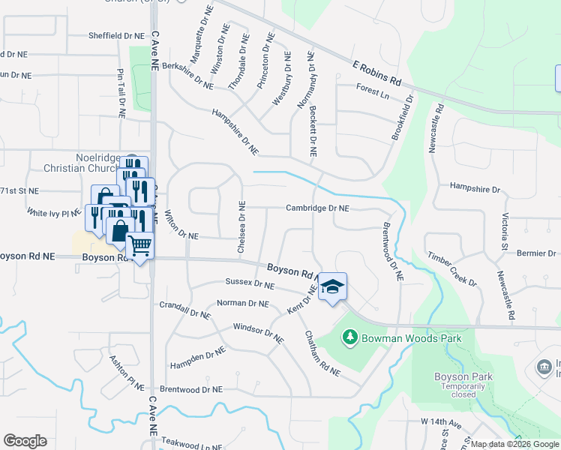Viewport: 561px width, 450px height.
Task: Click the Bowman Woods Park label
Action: (411, 338)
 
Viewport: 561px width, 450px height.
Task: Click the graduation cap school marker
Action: (332, 286)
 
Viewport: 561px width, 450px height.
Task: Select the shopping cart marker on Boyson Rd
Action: (139, 244)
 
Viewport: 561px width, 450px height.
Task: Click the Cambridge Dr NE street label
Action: (316, 208)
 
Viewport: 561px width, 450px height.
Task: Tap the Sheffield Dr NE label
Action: (115, 35)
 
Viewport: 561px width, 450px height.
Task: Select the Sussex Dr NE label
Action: (250, 283)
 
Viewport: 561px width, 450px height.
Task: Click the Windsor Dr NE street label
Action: (258, 334)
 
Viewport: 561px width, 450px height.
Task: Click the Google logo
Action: (25, 441)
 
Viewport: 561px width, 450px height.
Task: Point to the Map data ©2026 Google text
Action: (514, 444)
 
